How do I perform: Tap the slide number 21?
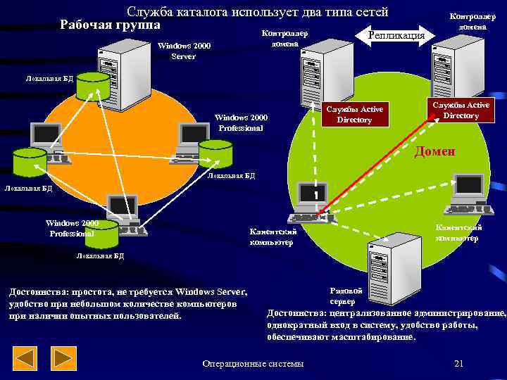pos(458,363)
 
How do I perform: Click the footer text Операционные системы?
pos(253,363)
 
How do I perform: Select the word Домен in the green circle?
pos(434,151)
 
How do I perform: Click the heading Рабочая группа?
pos(110,25)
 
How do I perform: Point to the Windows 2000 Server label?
pos(184,51)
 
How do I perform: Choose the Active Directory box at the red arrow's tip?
pos(461,110)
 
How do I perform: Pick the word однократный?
pos(299,325)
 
